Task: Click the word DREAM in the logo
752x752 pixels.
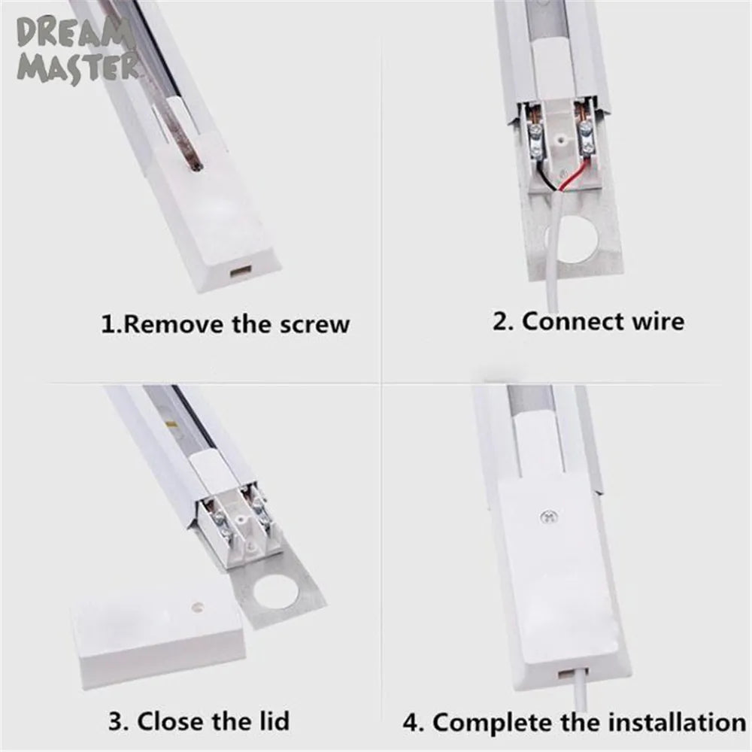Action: tap(75, 34)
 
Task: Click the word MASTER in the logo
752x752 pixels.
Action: tap(78, 67)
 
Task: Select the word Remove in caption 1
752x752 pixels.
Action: tap(172, 324)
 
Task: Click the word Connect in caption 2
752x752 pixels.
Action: tap(572, 321)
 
